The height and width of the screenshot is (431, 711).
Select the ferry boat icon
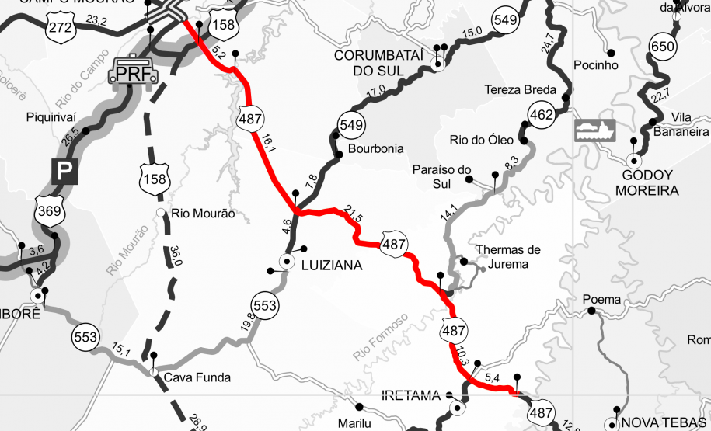click(x=594, y=129)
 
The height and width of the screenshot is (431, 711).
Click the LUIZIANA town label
click(x=331, y=265)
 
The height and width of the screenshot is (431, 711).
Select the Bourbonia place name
click(x=376, y=148)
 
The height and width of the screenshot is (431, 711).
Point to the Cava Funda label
click(x=197, y=378)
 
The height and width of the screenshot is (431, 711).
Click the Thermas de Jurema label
click(x=507, y=257)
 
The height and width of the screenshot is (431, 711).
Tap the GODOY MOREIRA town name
click(x=647, y=182)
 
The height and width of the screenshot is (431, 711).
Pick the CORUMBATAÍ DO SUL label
click(x=376, y=63)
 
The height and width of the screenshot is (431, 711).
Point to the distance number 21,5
click(x=353, y=217)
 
